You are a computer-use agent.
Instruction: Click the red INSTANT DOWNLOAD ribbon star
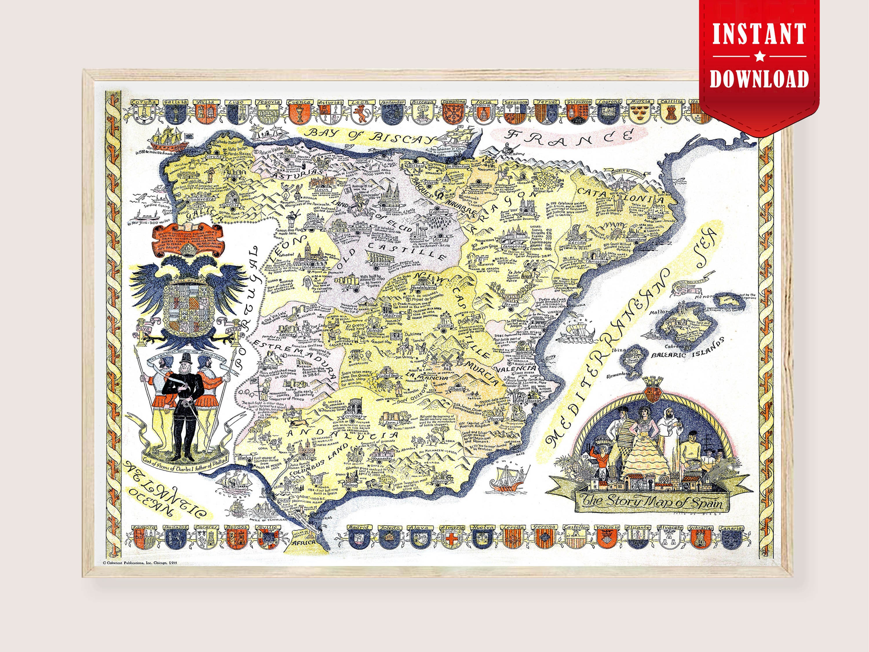[x=760, y=57]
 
